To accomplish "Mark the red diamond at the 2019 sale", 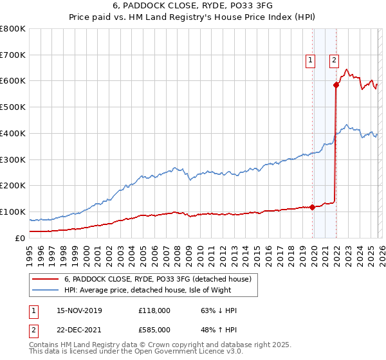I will [x=312, y=207].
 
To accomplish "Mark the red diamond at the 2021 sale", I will [x=336, y=85].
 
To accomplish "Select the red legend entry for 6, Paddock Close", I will [x=161, y=279].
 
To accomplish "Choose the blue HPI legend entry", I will [x=161, y=290].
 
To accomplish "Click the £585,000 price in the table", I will [x=154, y=329].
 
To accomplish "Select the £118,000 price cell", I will [x=154, y=310].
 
